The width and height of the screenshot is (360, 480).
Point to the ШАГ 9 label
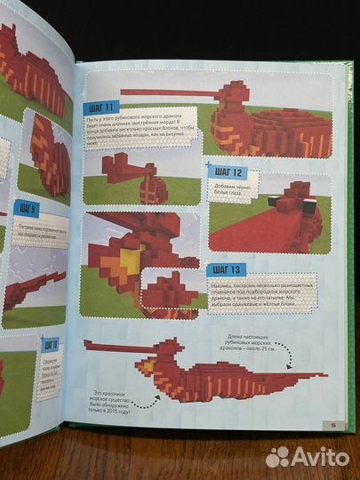pyautogui.click(x=26, y=210)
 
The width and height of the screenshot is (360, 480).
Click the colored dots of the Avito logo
pyautogui.click(x=278, y=456)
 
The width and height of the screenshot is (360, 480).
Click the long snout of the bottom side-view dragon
pyautogui.click(x=97, y=343)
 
